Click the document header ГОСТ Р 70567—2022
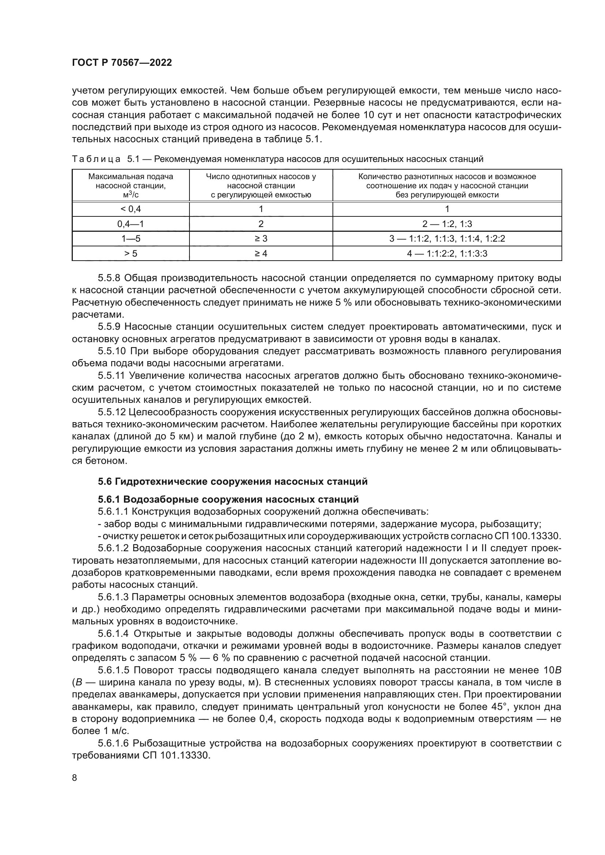[x=122, y=63]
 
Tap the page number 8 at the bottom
[x=75, y=778]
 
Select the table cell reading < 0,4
[x=130, y=209]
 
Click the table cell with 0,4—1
[x=130, y=224]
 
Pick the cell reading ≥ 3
[x=261, y=239]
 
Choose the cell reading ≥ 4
[x=261, y=254]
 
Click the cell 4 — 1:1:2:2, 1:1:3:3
[x=447, y=254]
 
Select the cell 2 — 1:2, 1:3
[x=447, y=224]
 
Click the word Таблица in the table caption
[x=96, y=159]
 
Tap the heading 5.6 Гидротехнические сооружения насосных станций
[x=233, y=481]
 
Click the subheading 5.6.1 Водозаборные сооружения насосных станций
[x=228, y=499]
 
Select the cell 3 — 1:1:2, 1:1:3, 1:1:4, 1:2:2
[x=447, y=239]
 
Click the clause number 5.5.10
[x=112, y=351]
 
